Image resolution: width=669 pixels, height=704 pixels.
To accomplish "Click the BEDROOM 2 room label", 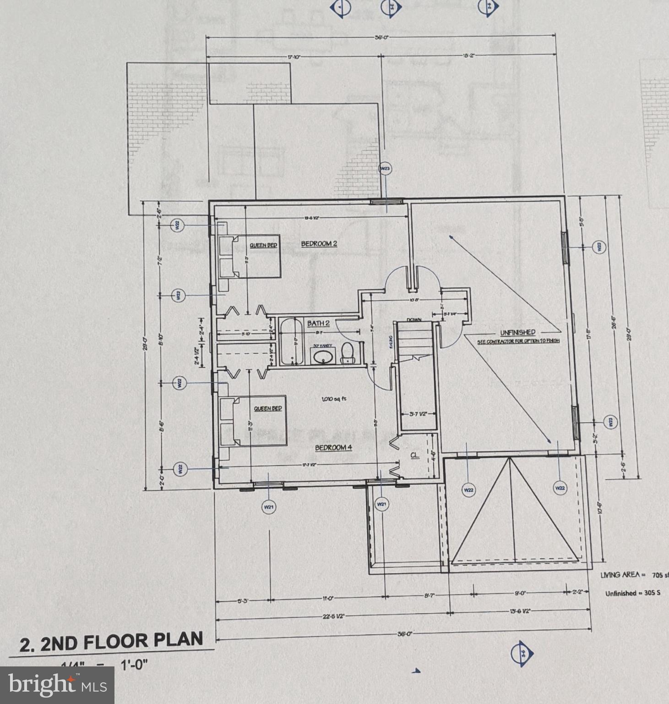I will [x=319, y=243].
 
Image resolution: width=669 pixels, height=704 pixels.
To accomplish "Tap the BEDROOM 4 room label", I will [x=333, y=447].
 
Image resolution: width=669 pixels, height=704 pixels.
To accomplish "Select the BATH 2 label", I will [x=318, y=323].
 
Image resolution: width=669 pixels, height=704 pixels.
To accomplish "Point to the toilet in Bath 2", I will [x=348, y=354].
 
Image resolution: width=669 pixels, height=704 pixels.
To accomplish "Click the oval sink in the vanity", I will [x=324, y=357].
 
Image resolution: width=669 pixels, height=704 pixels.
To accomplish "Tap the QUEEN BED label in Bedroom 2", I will [x=263, y=245].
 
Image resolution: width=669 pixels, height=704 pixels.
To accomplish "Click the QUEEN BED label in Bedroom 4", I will [x=268, y=408].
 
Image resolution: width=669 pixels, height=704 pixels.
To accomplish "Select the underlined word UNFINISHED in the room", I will [x=517, y=332].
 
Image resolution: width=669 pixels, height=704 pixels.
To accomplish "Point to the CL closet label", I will [x=414, y=455].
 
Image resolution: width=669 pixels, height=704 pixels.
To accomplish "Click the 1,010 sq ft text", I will [x=334, y=399].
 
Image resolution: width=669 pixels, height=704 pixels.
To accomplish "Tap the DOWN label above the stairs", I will [x=414, y=320].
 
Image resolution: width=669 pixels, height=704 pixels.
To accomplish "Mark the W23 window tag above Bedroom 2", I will [x=386, y=169].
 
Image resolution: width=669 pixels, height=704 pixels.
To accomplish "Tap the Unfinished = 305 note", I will [x=633, y=593].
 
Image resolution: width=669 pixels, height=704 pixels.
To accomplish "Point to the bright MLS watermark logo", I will [x=57, y=685].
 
